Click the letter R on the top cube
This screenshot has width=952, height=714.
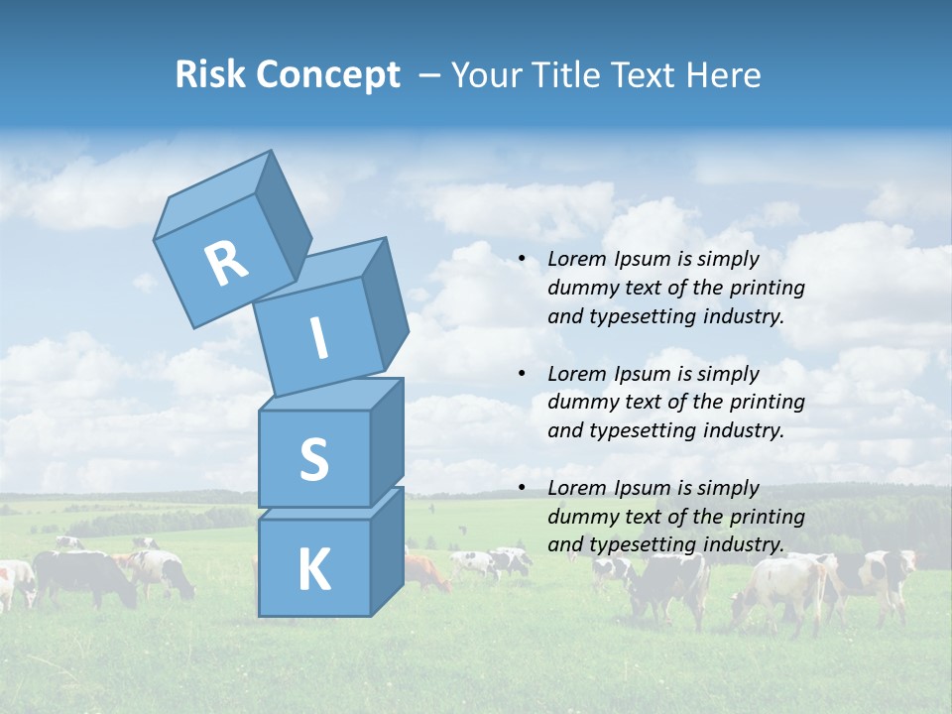point(226,263)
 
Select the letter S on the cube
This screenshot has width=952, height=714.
point(313,459)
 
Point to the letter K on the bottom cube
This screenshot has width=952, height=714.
point(313,570)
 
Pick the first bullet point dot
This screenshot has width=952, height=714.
point(522,259)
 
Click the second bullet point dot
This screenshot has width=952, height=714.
point(522,374)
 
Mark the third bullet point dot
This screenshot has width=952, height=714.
point(522,488)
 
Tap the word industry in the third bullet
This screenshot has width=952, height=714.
point(743,544)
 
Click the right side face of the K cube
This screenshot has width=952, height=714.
point(387,550)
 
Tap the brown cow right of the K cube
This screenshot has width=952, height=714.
point(426,573)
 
